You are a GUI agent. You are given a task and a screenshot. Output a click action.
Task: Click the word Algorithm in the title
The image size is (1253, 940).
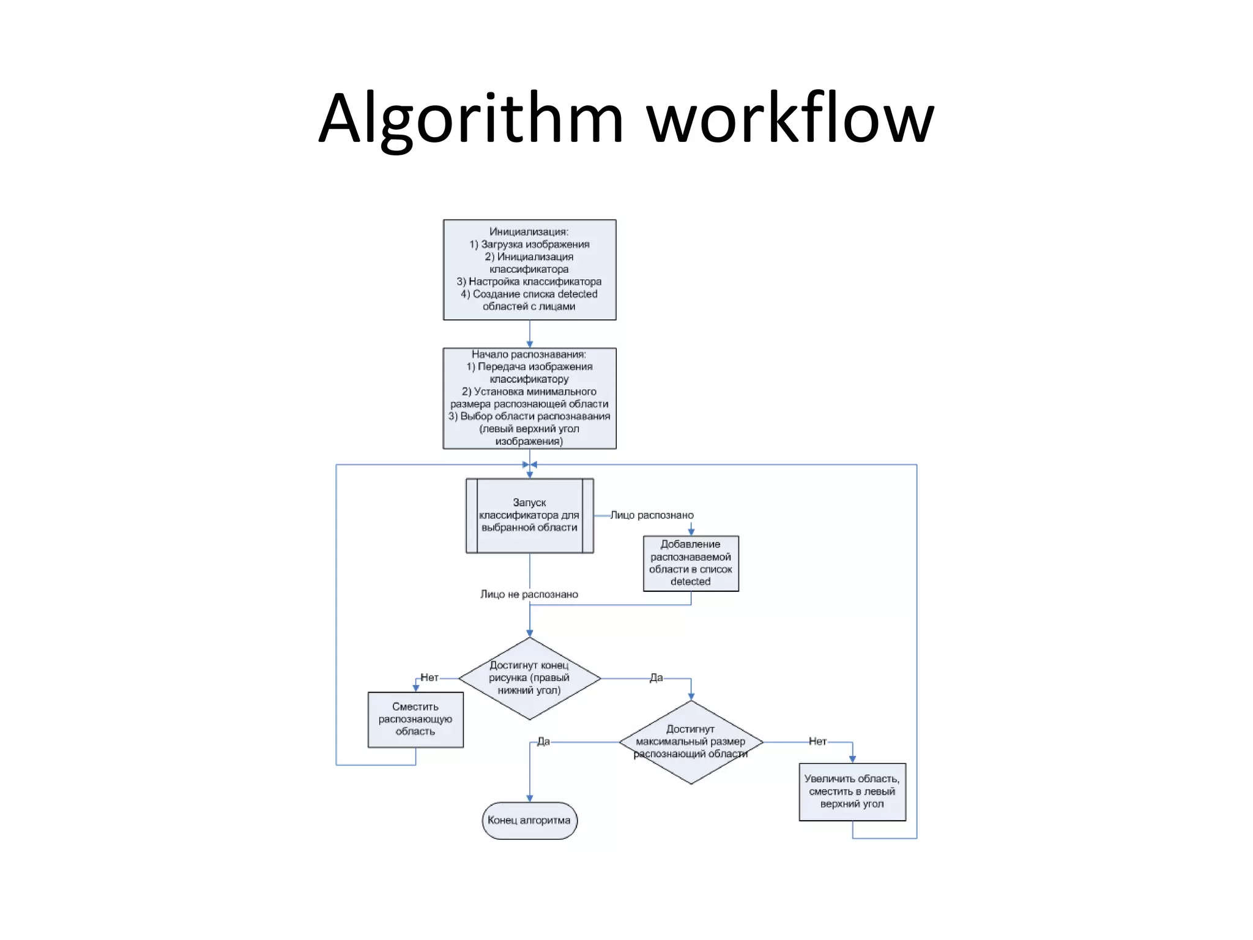[471, 119]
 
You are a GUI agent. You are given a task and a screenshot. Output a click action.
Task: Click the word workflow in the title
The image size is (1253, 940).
[790, 119]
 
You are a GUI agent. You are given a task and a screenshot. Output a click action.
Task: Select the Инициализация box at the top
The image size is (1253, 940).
[529, 269]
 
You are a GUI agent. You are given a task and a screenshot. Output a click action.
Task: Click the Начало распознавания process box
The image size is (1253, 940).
[529, 398]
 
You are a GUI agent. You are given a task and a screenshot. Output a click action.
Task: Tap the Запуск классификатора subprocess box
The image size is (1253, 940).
[529, 515]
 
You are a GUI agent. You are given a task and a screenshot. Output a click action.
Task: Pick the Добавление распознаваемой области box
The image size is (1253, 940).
[691, 563]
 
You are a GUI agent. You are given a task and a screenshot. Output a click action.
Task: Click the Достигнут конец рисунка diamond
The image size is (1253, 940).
[529, 678]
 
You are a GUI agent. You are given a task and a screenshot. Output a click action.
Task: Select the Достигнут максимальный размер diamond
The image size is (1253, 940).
[691, 742]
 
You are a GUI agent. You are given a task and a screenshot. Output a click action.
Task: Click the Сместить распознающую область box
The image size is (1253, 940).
[415, 719]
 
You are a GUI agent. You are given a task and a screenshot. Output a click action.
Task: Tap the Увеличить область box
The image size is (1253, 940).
[852, 791]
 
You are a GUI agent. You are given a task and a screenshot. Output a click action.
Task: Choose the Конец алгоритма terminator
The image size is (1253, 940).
[529, 821]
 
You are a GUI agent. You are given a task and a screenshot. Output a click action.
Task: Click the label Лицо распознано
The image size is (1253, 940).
[652, 515]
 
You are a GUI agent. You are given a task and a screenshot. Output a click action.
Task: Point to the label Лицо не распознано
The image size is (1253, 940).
[529, 594]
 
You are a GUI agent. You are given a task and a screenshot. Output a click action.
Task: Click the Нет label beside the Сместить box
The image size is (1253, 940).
[429, 677]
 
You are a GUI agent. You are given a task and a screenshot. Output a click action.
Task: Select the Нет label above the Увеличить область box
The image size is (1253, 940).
[817, 742]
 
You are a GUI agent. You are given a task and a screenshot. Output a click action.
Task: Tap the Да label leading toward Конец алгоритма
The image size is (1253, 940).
[543, 742]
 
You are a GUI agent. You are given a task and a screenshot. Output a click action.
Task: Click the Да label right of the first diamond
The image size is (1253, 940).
[656, 677]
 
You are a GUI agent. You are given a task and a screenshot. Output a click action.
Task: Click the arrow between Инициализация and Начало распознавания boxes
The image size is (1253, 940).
[530, 334]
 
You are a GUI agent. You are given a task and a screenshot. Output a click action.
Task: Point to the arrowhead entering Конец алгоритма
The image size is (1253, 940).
[530, 798]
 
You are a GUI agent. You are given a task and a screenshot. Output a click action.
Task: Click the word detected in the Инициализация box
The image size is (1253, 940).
[577, 294]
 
